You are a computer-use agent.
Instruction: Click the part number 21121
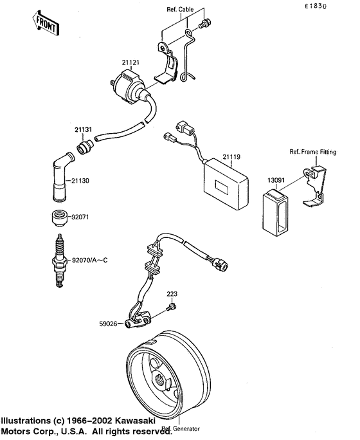tap(130, 62)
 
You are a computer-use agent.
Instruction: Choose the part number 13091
tap(276, 182)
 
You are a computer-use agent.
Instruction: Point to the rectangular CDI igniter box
tap(226, 183)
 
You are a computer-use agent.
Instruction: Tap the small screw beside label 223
tap(170, 307)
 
